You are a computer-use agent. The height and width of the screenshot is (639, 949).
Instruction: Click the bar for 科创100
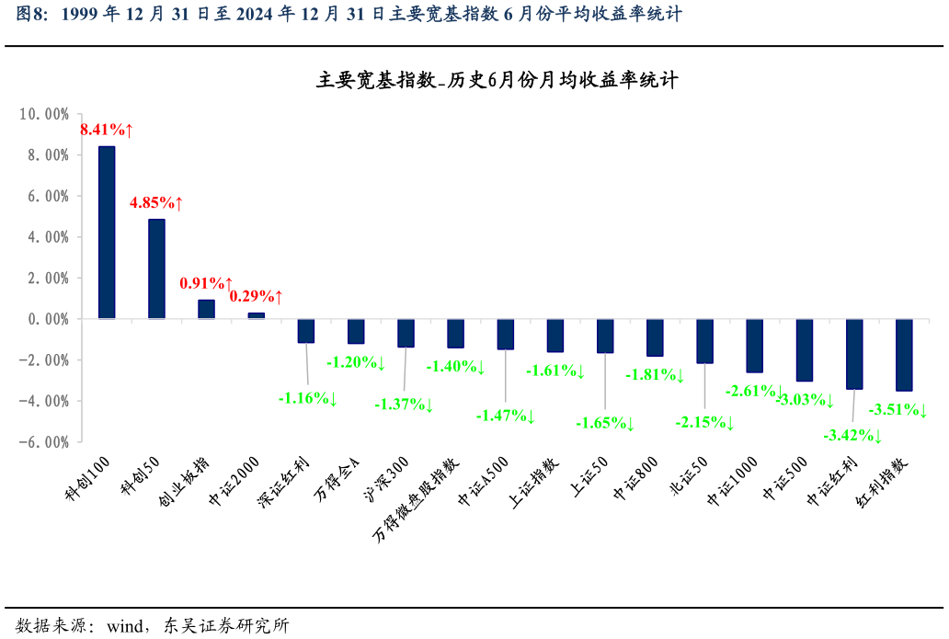pos(107,233)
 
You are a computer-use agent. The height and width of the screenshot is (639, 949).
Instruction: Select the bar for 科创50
pos(156,268)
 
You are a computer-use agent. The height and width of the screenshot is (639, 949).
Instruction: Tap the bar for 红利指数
pos(904,355)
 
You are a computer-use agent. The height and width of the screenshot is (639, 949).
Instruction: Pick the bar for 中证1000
pos(754,346)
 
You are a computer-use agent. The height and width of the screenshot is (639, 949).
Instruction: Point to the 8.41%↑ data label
pos(107,131)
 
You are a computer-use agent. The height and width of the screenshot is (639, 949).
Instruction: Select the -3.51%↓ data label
pos(898,410)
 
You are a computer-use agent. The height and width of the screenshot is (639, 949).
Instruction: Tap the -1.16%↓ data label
pos(308,399)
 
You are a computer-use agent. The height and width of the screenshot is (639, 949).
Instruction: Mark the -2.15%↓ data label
pos(705,423)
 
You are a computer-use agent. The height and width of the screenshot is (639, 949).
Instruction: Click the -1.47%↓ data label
pos(505,416)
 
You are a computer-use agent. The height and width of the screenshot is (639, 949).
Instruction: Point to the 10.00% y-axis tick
pos(43,114)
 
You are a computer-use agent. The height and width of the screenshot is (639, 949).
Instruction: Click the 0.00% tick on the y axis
pos(46,319)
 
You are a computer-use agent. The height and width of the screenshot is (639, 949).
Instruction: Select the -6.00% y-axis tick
pos(43,441)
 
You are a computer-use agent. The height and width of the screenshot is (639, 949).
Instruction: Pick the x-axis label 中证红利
pos(833,482)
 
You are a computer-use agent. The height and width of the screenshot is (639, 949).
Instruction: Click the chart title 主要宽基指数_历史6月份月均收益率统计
pos(497,81)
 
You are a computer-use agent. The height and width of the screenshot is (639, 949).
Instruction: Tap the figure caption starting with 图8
pos(349,14)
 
